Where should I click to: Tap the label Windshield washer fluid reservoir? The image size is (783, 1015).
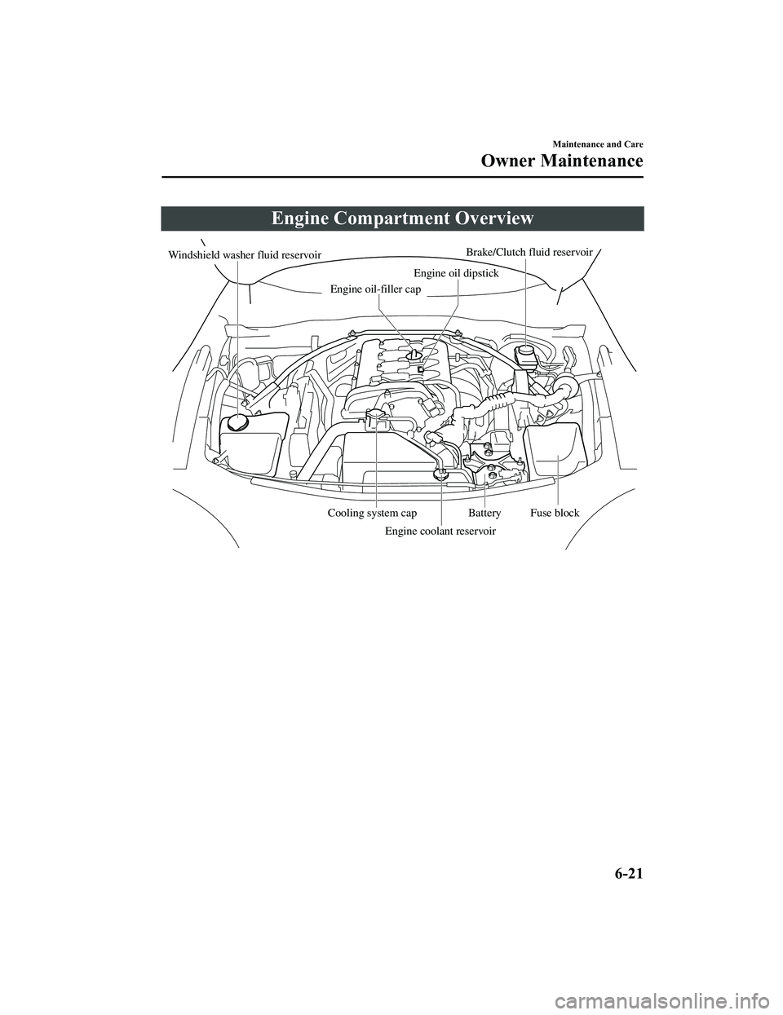coord(245,255)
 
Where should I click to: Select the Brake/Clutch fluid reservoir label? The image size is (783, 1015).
coord(529,252)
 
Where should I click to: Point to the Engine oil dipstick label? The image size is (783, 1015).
coord(456,272)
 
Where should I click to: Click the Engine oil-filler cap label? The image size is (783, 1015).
coord(375,289)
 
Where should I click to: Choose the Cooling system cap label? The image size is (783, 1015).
coord(372,513)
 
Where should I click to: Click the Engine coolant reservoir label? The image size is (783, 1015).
coord(440,531)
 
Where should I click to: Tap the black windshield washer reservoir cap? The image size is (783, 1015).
coord(238,422)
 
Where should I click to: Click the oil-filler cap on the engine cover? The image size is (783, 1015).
coord(414,355)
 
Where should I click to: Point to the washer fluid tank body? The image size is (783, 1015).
coord(254,444)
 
